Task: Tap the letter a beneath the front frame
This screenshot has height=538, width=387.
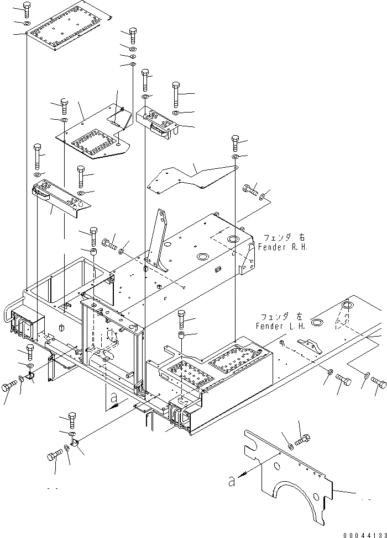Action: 114,397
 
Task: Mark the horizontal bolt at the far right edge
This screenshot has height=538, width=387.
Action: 379,380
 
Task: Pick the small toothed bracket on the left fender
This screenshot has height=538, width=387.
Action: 310,345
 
